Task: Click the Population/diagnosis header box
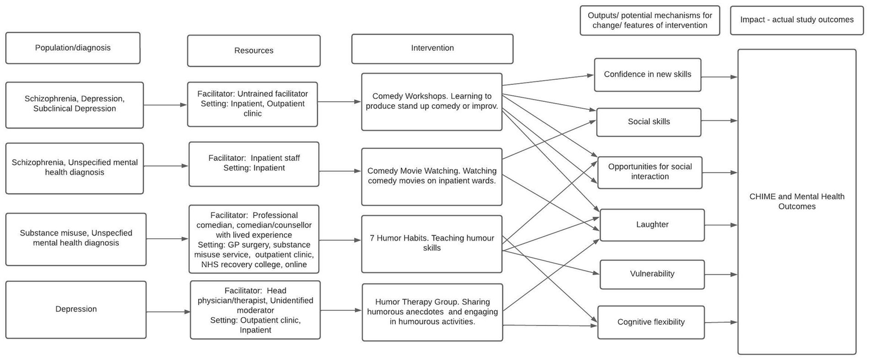coord(72,48)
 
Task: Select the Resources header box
coord(254,51)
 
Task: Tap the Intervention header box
coord(432,49)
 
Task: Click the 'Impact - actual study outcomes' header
coord(797,20)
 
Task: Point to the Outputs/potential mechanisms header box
coord(649,20)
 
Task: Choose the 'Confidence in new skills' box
coord(647,75)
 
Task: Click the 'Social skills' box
coord(648,122)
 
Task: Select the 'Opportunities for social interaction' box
coord(649,172)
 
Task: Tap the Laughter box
coord(652,225)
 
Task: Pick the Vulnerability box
coord(652,274)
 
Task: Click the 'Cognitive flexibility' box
coord(650,322)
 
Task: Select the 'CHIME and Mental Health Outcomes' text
coord(797,202)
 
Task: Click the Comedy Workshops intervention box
coord(431,102)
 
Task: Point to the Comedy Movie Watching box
coord(431,176)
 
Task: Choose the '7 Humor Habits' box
coord(431,243)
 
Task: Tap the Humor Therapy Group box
coord(432,312)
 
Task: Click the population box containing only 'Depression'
coord(76,310)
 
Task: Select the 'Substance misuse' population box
coord(76,239)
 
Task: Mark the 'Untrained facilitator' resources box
coord(252,104)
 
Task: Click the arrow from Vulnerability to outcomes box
coord(721,275)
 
